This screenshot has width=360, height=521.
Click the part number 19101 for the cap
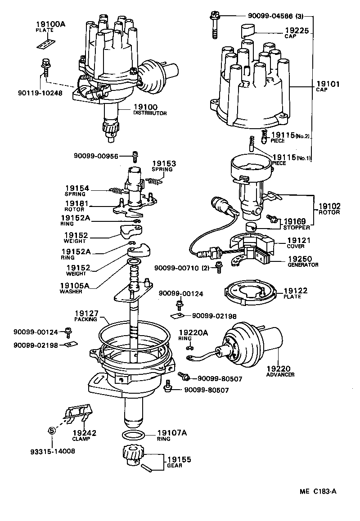click(x=328, y=84)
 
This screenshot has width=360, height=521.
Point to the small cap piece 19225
click(x=245, y=31)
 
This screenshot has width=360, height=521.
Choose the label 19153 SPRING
click(x=163, y=164)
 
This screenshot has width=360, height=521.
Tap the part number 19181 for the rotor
click(x=77, y=203)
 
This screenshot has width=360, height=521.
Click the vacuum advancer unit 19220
click(x=252, y=346)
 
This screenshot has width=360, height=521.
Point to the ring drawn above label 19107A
click(x=133, y=435)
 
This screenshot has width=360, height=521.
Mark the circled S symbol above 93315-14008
click(x=51, y=431)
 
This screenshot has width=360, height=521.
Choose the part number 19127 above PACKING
click(x=85, y=313)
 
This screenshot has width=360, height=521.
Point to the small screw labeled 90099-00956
click(x=134, y=156)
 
